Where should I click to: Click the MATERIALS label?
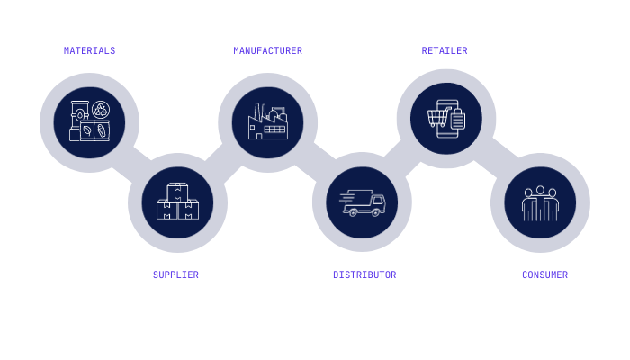89,50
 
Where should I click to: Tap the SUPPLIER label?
175,274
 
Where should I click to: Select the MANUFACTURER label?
267,50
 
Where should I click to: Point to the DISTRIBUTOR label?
364,274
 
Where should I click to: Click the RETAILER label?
445,50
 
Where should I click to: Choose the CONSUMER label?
544,274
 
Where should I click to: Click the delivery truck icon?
363,203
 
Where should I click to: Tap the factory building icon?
267,122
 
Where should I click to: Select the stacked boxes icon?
177,203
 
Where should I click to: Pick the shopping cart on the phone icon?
438,117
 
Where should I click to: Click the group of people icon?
540,203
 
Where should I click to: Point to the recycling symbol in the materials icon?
101,110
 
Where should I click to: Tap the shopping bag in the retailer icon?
457,121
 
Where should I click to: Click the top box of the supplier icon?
177,191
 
